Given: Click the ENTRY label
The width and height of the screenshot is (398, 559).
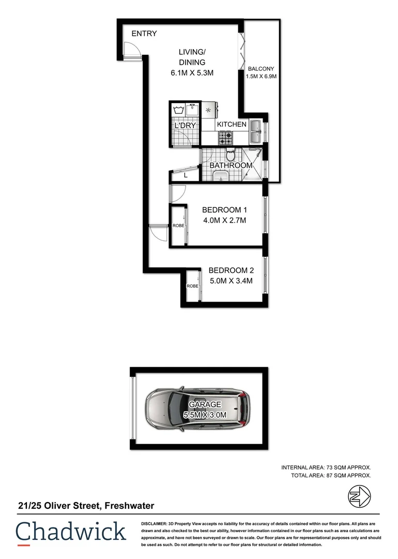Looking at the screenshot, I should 144,34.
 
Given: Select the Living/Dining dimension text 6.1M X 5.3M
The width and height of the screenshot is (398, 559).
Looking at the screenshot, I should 192,73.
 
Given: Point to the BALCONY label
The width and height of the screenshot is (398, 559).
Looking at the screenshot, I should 261,68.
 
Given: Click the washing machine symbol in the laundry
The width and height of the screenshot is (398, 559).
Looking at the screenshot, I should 179,110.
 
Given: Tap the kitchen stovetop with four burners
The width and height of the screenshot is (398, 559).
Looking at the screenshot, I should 225,138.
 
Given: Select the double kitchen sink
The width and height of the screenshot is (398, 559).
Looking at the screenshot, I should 255,132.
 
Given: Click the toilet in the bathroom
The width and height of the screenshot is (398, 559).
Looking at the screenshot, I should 231,155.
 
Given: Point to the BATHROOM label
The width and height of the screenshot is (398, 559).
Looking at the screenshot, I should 231,166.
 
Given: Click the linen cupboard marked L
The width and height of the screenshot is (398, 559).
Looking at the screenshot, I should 186,176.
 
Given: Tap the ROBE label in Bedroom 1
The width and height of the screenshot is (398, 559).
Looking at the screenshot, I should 178,226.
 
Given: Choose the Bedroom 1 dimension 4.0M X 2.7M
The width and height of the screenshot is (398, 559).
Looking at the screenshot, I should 224,220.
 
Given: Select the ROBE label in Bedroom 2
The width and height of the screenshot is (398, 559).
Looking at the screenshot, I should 193,286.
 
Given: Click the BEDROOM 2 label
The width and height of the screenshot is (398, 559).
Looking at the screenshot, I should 231,270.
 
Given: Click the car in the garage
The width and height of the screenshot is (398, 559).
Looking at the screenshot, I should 197,409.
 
